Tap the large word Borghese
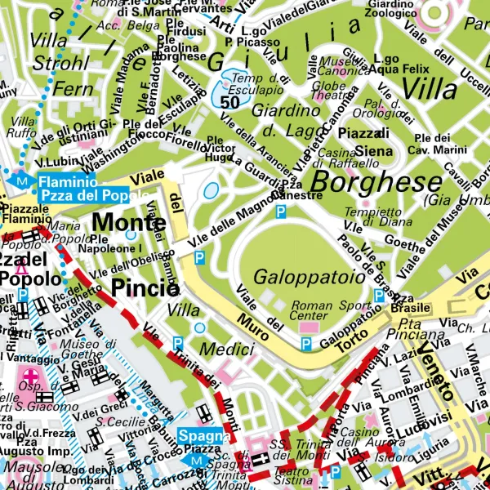376,182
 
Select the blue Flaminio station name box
72,188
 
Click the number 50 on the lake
229,103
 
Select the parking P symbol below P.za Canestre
281,212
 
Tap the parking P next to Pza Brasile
379,295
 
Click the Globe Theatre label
330,91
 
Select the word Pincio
145,287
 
